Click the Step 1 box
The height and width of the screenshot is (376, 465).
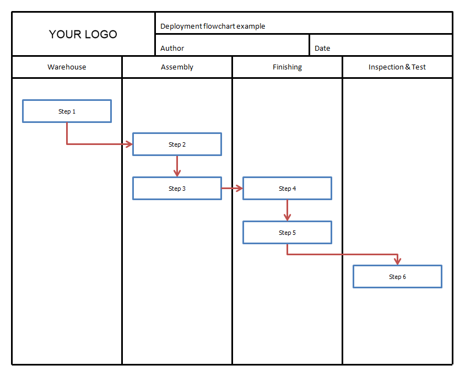[x=67, y=111]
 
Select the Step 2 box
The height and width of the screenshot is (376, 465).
[x=177, y=144]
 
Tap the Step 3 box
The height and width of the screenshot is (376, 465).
[x=177, y=189]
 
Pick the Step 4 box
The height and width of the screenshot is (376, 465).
[x=288, y=189]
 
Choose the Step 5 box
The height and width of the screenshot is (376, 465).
[x=288, y=233]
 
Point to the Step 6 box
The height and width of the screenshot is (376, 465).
[x=397, y=277]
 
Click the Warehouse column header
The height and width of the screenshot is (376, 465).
[x=67, y=67]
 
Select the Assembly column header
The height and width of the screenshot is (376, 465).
[x=177, y=67]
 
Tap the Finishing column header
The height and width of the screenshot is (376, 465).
[x=288, y=67]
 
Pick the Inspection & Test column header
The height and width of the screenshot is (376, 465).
[x=397, y=67]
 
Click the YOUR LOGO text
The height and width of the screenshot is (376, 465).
[x=83, y=34]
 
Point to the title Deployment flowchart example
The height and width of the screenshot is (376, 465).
[x=213, y=26]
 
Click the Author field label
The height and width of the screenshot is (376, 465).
[x=172, y=48]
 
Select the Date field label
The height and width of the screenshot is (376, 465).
[x=322, y=48]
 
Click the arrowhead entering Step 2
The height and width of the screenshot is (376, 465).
[x=129, y=144]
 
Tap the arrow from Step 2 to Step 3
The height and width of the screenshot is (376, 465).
[x=177, y=166]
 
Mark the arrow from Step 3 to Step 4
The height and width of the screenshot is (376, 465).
[x=232, y=188]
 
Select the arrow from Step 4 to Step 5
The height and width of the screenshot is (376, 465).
[x=288, y=211]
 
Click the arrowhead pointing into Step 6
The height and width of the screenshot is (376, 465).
[x=397, y=261]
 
